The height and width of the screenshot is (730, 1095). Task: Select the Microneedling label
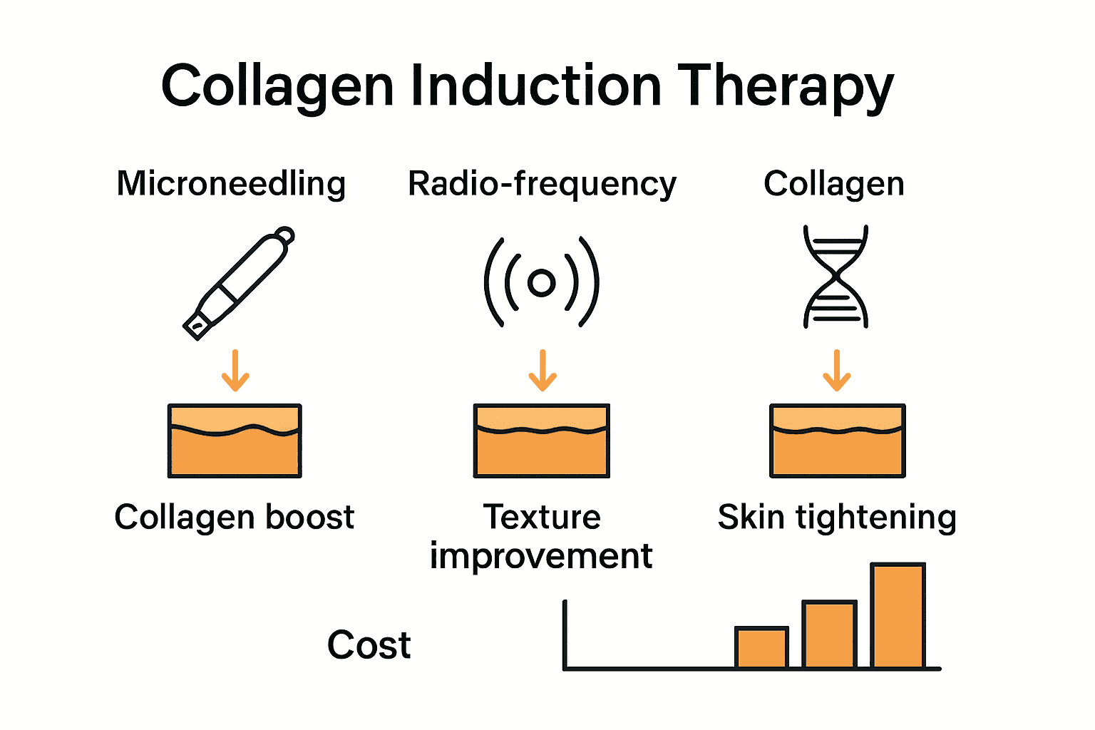click(x=231, y=184)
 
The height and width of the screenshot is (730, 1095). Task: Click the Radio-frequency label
click(x=542, y=184)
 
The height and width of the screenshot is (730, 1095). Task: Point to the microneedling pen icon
click(x=238, y=282)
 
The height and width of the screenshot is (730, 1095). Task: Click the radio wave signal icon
click(x=542, y=282)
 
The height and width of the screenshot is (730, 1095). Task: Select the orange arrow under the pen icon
click(x=235, y=371)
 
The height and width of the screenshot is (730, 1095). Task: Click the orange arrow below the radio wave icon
click(x=543, y=371)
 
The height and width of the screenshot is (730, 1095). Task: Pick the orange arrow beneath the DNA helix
click(x=837, y=371)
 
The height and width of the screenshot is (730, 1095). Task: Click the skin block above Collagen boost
click(x=235, y=441)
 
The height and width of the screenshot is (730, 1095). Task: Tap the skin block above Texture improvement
click(x=542, y=441)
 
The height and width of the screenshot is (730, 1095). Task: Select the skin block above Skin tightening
click(x=838, y=441)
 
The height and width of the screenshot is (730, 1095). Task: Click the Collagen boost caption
click(x=234, y=518)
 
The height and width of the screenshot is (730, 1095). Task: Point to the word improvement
click(x=541, y=557)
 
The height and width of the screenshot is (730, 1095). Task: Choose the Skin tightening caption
click(x=837, y=518)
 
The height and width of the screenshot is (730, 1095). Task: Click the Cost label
click(x=369, y=645)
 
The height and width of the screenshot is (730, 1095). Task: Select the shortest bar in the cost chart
click(x=761, y=648)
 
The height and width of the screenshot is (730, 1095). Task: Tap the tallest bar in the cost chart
click(x=898, y=616)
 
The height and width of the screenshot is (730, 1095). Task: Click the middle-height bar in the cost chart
click(x=829, y=635)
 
